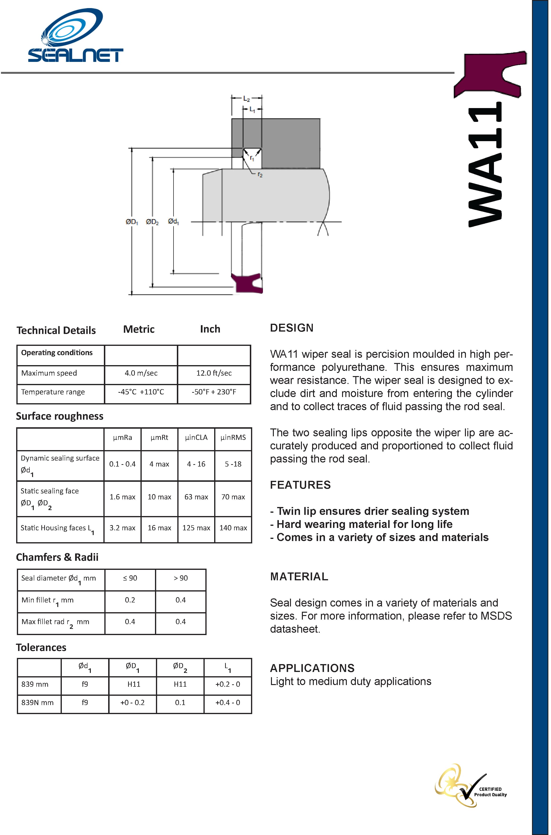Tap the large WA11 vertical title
pyautogui.click(x=485, y=164)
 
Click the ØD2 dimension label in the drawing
pyautogui.click(x=152, y=222)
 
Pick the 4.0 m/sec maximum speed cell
pyautogui.click(x=141, y=373)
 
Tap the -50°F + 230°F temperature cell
pyautogui.click(x=214, y=392)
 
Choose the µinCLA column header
pyautogui.click(x=196, y=437)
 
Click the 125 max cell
pyautogui.click(x=196, y=528)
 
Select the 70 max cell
pyautogui.click(x=233, y=497)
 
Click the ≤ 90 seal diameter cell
pyautogui.click(x=130, y=578)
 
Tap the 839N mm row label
pyautogui.click(x=37, y=703)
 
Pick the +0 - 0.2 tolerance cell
pyautogui.click(x=132, y=703)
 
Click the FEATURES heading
pyautogui.click(x=300, y=485)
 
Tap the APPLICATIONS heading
pyautogui.click(x=312, y=668)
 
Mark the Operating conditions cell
pyautogui.click(x=57, y=353)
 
